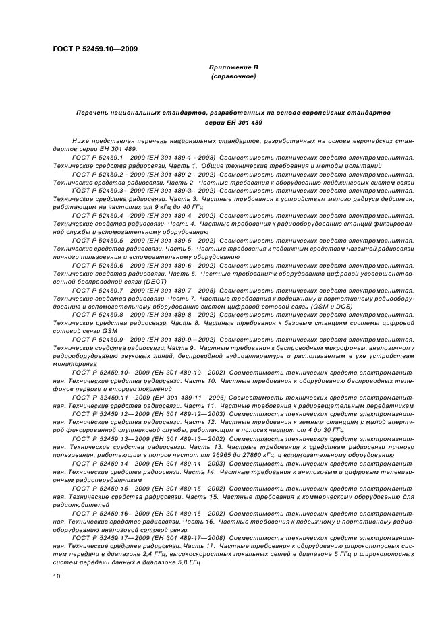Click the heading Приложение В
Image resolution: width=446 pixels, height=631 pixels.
point(233,67)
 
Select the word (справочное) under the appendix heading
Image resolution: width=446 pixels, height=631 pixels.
point(233,77)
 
